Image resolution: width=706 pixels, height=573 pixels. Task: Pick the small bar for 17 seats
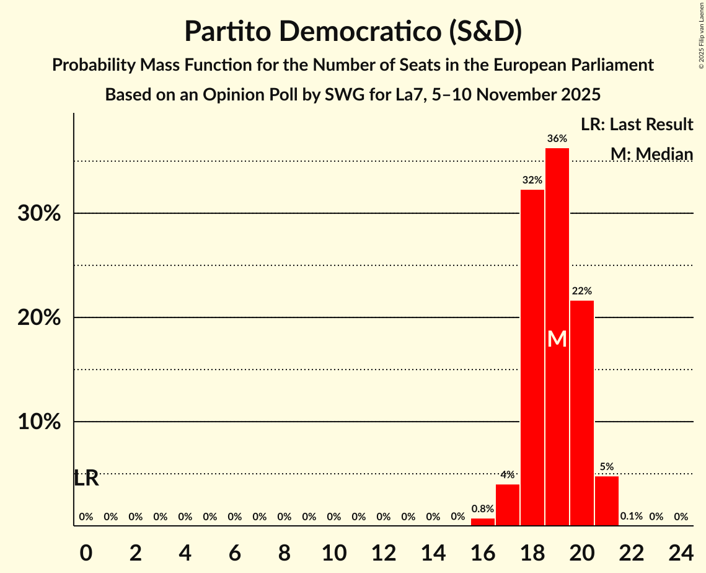tap(507, 505)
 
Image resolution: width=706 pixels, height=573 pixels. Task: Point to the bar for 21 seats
tap(606, 501)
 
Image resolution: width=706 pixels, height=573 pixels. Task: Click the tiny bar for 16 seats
tap(482, 522)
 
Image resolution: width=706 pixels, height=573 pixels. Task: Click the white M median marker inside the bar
tap(557, 339)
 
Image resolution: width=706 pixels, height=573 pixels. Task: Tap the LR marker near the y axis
tap(86, 479)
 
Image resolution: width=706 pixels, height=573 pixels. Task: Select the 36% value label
tap(557, 138)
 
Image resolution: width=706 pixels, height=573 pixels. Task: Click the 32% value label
tap(532, 180)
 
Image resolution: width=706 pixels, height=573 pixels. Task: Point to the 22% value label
tap(581, 291)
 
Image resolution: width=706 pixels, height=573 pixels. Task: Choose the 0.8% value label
tap(482, 509)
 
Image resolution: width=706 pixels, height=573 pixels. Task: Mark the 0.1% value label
tap(631, 517)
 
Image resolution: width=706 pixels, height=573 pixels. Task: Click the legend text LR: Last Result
tap(637, 125)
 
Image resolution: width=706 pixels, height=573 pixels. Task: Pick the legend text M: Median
tap(651, 154)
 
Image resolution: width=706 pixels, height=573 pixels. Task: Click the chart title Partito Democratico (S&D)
tap(353, 32)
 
